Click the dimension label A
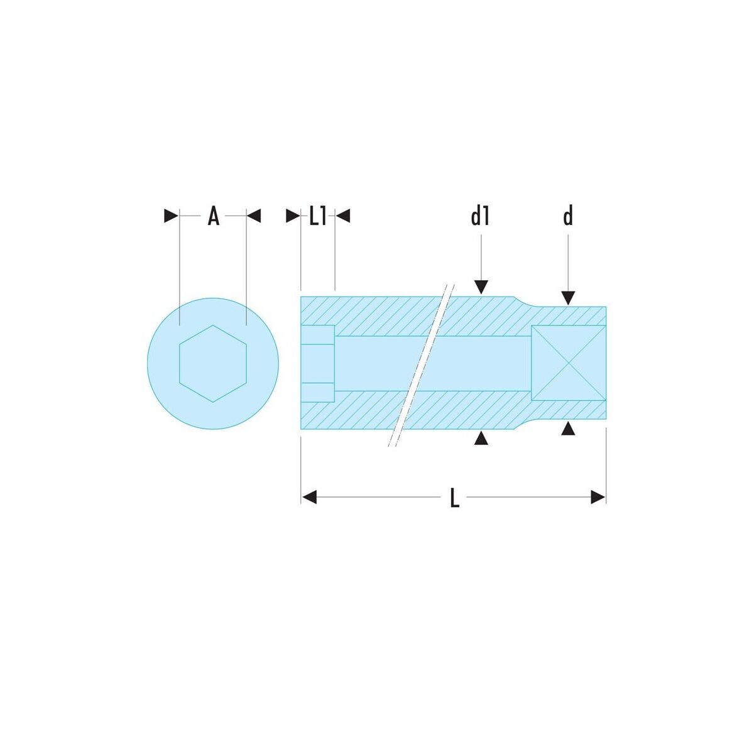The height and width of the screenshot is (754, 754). [x=213, y=216]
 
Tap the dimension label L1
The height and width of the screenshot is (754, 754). [x=317, y=216]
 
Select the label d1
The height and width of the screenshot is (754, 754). [x=480, y=216]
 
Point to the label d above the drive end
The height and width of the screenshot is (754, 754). [x=568, y=216]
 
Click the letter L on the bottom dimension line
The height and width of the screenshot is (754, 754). [x=454, y=498]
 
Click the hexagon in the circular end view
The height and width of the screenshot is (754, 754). [x=213, y=364]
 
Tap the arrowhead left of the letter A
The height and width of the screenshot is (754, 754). [x=171, y=216]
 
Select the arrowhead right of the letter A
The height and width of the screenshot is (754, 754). [x=254, y=216]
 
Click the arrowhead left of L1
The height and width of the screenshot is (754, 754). [x=293, y=216]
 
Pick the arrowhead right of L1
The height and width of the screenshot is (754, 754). [x=343, y=216]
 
